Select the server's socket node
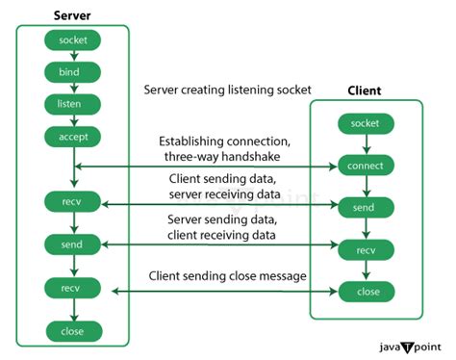click(x=73, y=40)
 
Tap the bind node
click(x=73, y=72)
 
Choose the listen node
click(x=73, y=104)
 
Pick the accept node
click(x=73, y=136)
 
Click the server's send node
click(x=73, y=245)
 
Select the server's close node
click(x=73, y=330)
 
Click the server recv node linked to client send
click(x=73, y=203)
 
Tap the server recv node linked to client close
click(x=73, y=288)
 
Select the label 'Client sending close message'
click(x=227, y=276)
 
